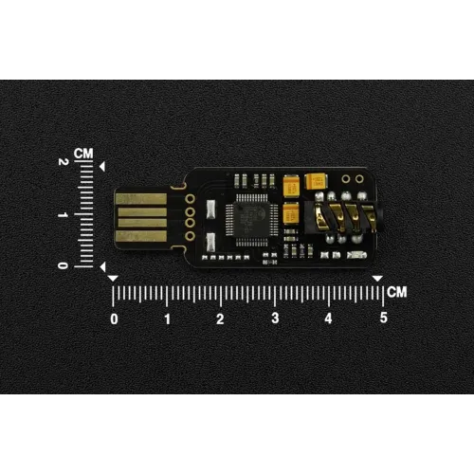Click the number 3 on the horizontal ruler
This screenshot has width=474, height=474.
[275, 318]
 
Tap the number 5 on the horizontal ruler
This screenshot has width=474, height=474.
[384, 318]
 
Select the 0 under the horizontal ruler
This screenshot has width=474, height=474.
[114, 319]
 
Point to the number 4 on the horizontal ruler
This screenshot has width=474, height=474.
[328, 319]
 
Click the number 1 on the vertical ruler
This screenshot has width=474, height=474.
[63, 215]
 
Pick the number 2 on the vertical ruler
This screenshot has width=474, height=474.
[64, 162]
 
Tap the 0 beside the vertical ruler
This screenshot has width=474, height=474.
[63, 265]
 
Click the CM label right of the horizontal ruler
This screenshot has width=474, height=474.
[397, 292]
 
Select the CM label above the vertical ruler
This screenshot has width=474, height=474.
[83, 154]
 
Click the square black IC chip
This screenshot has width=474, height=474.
[251, 219]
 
